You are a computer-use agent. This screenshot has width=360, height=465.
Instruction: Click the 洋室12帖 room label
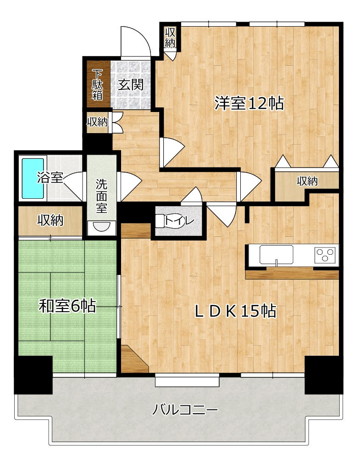click(249, 103)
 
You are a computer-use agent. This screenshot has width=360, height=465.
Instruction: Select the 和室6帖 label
click(67, 306)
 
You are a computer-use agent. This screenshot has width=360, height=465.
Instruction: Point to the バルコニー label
click(185, 410)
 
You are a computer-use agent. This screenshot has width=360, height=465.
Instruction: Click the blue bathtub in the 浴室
click(33, 178)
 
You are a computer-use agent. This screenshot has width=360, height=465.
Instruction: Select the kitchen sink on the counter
click(277, 254)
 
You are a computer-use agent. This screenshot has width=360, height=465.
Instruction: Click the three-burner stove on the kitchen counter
click(326, 254)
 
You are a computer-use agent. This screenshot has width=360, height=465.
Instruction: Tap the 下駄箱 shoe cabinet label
click(97, 85)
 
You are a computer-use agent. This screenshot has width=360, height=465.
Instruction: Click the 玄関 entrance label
click(131, 85)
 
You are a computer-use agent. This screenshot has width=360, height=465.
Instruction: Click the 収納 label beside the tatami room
click(50, 220)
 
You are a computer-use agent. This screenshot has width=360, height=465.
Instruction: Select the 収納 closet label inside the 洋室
click(308, 180)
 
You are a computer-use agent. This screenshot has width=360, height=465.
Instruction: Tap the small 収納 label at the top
click(171, 37)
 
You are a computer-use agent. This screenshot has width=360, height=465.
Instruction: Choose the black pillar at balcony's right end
click(324, 375)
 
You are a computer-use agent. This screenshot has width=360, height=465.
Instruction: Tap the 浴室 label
click(50, 178)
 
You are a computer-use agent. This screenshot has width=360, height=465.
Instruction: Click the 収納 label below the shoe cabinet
click(97, 122)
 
